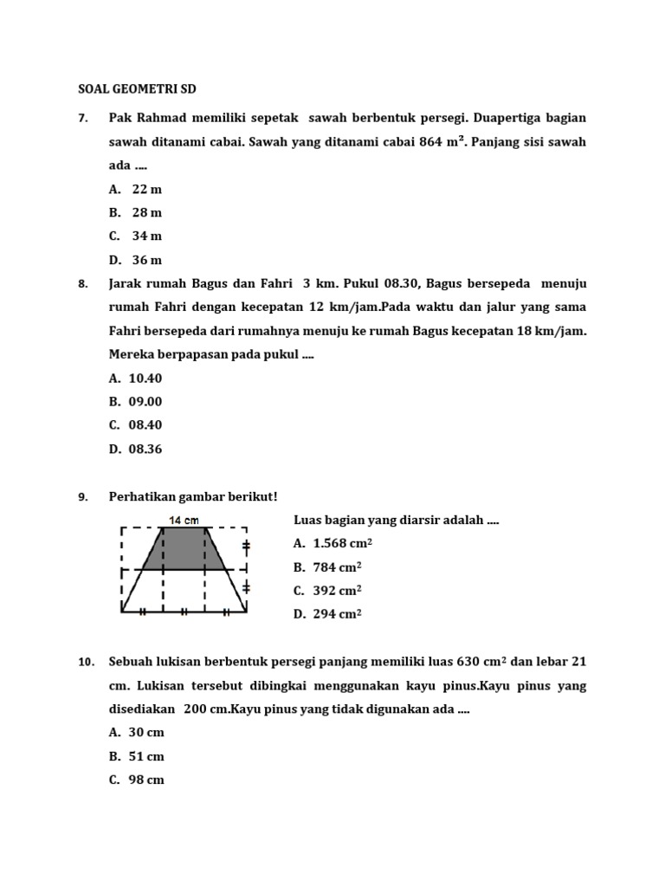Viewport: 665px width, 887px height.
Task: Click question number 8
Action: coord(83,284)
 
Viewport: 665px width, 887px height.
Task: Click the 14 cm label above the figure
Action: coord(184,521)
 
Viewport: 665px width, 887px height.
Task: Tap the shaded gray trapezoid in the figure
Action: coord(184,548)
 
